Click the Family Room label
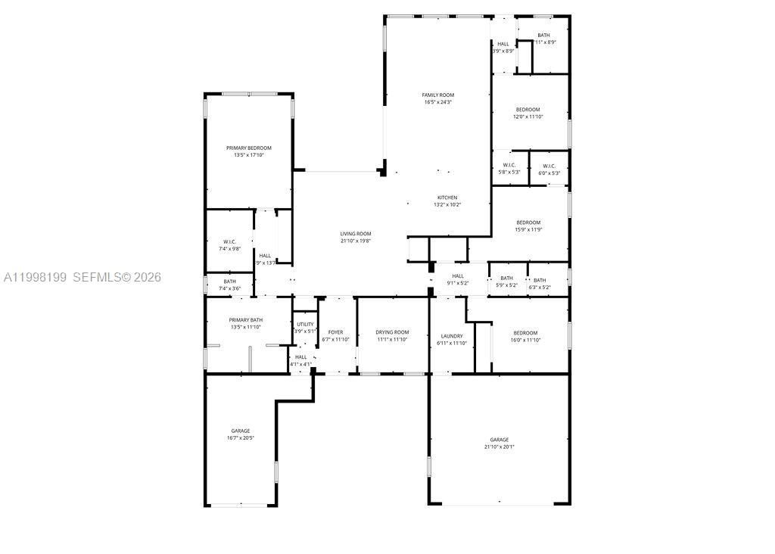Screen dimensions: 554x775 coord(438,95)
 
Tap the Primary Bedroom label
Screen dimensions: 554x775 coord(248,148)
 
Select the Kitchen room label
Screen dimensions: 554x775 coord(447,198)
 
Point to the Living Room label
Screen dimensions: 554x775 coord(355,234)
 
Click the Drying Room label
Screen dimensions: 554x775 coord(392,332)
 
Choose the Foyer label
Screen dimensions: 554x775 coord(335,332)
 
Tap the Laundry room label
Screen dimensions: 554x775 coord(452,336)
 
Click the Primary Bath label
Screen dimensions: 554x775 coord(246,320)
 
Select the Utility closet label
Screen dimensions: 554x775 coord(305,324)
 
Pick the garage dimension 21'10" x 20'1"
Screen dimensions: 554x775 coord(499,447)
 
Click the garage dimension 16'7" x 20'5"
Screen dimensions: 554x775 coord(240,437)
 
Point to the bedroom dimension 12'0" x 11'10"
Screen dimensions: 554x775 coord(528,117)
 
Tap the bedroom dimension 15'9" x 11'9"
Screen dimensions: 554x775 coord(528,229)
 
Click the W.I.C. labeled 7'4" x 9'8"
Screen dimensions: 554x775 coord(231,244)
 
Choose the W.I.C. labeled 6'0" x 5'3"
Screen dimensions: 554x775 coord(549,170)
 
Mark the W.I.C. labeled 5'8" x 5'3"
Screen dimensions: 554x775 coord(508,169)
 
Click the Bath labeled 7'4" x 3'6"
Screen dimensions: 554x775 coord(229,285)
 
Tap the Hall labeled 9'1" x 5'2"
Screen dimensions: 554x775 coord(459,279)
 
